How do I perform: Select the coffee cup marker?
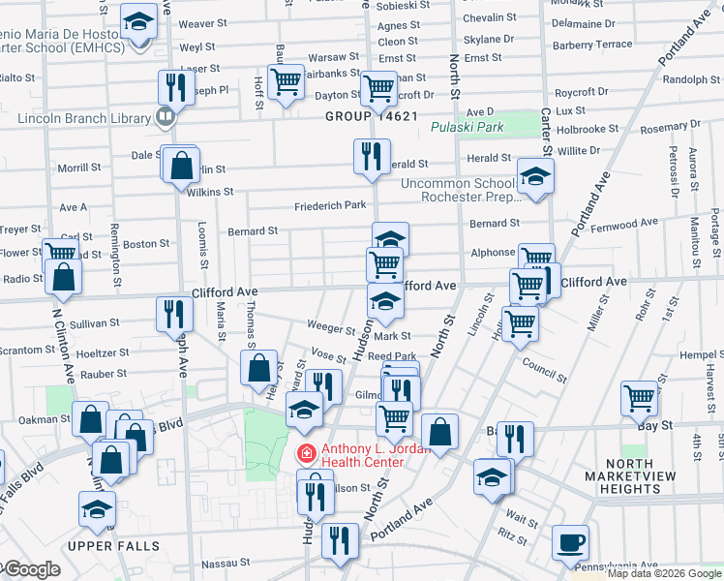[x=570, y=541]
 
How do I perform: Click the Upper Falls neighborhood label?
[x=114, y=546]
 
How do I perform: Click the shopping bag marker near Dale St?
[x=181, y=166]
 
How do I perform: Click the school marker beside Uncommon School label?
[x=533, y=177]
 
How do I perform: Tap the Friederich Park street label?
[x=331, y=205]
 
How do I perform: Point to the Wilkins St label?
[x=210, y=192]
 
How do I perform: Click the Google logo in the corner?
[x=31, y=569]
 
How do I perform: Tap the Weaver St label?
[x=202, y=23]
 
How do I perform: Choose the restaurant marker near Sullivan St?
[x=174, y=313]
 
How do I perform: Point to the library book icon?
[x=165, y=118]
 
